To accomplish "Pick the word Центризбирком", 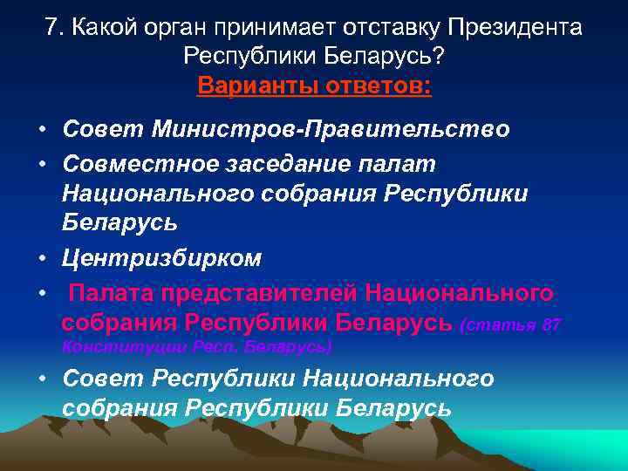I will tap(161, 258).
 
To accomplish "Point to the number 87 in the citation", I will tap(551, 324).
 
